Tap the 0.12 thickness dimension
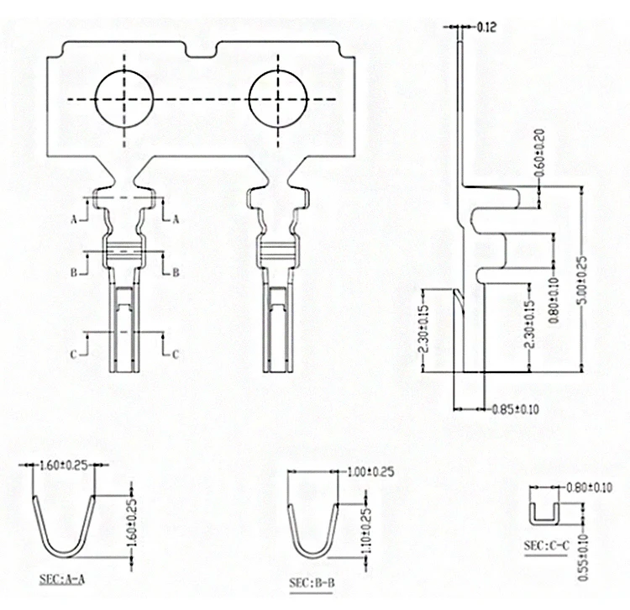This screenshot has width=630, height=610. pos(486,28)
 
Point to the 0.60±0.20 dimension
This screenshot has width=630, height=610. pos(540,153)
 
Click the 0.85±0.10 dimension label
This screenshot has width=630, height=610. pos(515,409)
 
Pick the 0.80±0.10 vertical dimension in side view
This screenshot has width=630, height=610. pos(554,300)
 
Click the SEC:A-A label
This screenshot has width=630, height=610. pos(62,579)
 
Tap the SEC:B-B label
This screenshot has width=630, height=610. pos(312,582)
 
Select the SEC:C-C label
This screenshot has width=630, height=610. pos(547,545)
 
